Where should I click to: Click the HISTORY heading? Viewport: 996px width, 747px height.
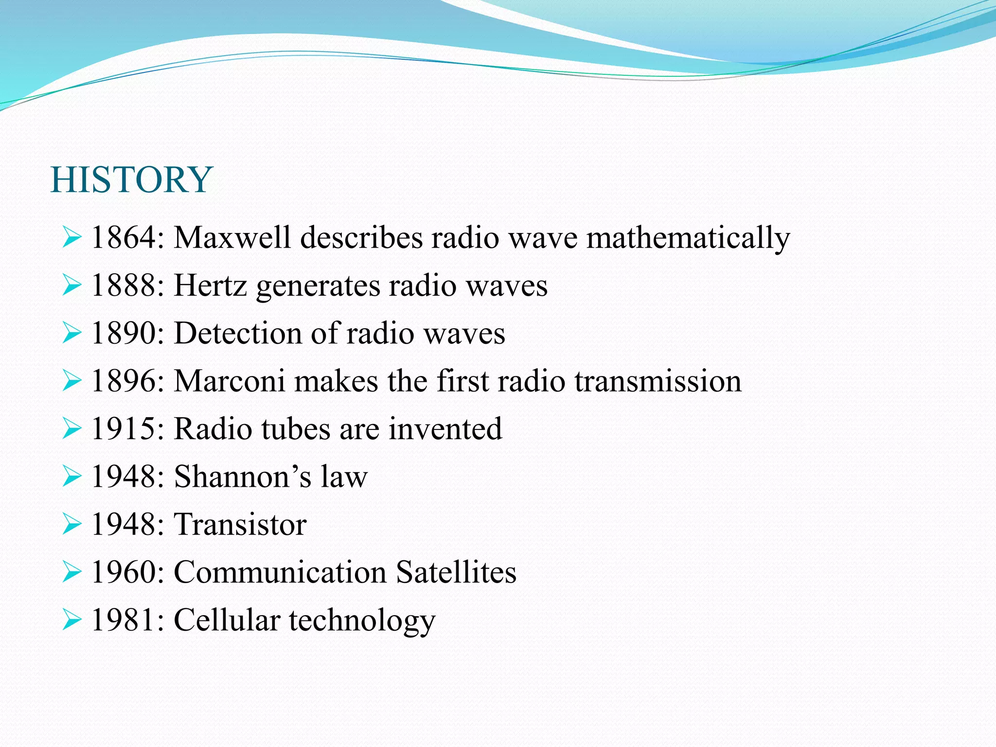click(131, 179)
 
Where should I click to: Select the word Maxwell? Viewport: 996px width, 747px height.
click(232, 238)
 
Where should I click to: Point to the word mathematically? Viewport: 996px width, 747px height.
click(688, 239)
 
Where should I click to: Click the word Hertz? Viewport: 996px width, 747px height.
click(210, 285)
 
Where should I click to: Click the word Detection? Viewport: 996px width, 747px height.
click(238, 334)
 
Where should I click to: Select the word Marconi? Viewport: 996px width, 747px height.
click(229, 381)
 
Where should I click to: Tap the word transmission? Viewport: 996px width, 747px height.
click(658, 381)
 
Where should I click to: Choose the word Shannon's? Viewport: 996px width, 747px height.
click(242, 476)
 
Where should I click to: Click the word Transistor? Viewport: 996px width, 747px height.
click(240, 524)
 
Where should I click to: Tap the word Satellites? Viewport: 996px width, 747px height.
click(456, 572)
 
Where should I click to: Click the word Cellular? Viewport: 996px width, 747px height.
click(227, 620)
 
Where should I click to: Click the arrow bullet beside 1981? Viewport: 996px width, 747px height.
click(71, 620)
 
